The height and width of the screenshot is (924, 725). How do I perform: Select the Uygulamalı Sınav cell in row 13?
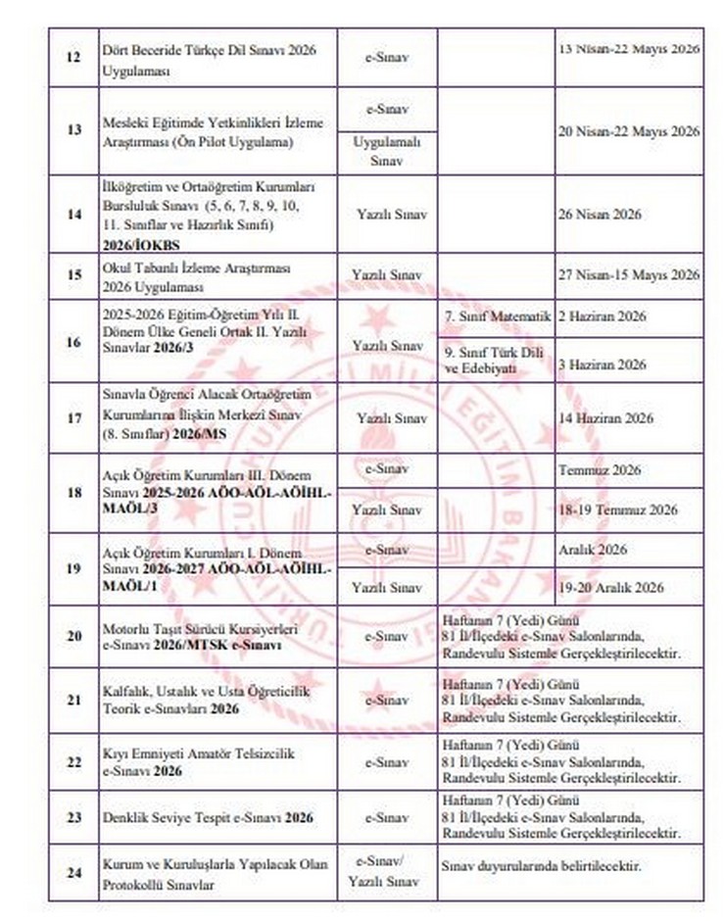click(387, 150)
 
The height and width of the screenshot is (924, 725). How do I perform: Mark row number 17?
click(73, 418)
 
